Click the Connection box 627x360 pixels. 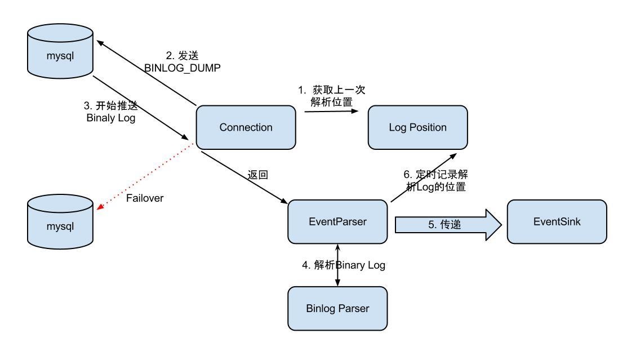(246, 127)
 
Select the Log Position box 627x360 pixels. (417, 127)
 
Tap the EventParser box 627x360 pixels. (337, 221)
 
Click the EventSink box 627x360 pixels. (557, 221)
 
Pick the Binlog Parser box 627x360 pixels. (337, 308)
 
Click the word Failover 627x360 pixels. (145, 198)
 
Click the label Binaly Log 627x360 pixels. (111, 118)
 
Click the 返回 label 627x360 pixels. (257, 175)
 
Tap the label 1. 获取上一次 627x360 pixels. (332, 90)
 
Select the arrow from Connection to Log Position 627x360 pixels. (331, 111)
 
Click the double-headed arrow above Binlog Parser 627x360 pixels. (337, 265)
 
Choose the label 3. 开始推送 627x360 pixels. (110, 106)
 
